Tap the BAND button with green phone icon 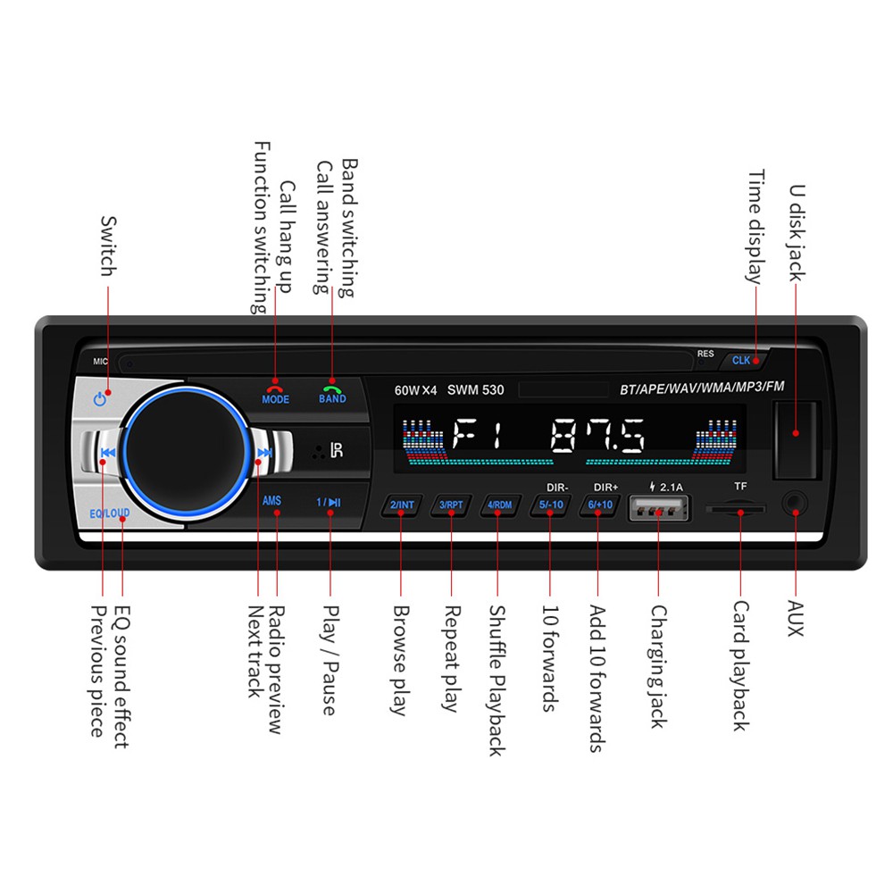332,392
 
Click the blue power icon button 100,398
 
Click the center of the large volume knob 186,453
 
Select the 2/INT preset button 402,505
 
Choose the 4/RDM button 499,505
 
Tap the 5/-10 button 551,505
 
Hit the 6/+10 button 600,505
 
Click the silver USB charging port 659,507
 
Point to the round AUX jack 795,504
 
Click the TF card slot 736,508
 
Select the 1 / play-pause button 329,502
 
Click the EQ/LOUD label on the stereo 109,513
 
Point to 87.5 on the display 598,436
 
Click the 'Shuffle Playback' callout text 497,680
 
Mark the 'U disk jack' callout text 797,233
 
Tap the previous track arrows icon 108,453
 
